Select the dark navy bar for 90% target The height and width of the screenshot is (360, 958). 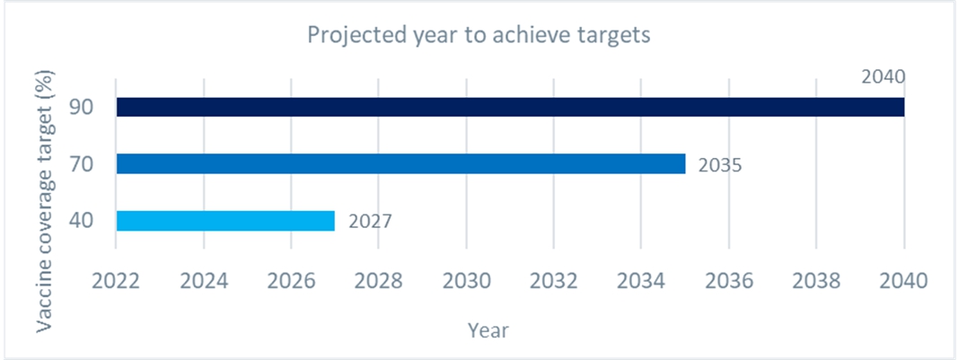(510, 107)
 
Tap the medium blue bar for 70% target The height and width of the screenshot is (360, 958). (400, 163)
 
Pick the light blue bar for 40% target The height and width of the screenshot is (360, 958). (225, 221)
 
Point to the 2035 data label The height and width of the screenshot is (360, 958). (718, 165)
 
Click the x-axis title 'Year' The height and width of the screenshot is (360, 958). (488, 330)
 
